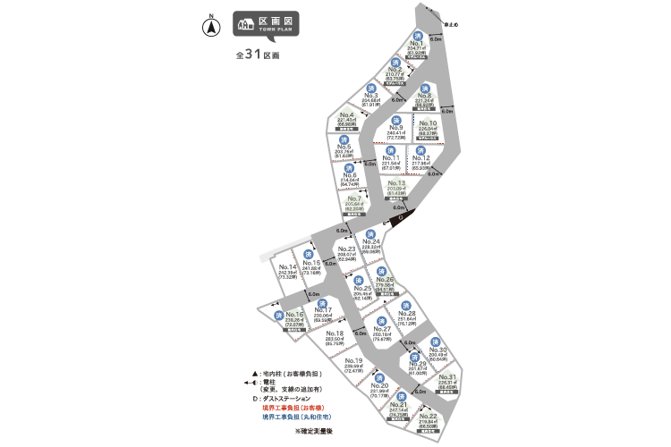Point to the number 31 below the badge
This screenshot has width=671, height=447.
(251, 54)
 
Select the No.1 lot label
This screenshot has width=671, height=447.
(415, 43)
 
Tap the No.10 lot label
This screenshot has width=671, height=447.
(427, 123)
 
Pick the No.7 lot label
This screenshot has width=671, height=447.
(354, 198)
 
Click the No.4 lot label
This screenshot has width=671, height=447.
(347, 115)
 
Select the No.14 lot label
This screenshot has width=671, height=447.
(287, 267)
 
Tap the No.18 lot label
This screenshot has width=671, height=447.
(335, 333)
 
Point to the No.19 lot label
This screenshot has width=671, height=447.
(352, 360)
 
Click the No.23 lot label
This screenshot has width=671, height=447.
(347, 249)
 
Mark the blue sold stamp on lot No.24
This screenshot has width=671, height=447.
(369, 233)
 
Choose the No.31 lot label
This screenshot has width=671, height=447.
(448, 377)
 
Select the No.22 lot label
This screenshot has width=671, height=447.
(428, 417)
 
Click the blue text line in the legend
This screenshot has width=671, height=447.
(286, 417)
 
